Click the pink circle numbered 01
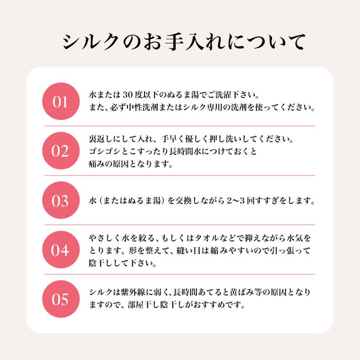point(61,101)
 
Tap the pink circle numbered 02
point(61,151)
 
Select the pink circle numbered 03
point(61,200)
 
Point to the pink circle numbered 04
point(61,250)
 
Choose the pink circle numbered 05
point(61,299)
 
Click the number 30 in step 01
point(127,94)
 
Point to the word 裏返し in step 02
point(101,139)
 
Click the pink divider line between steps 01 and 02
point(180,126)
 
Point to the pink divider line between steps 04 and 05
point(180,274)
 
